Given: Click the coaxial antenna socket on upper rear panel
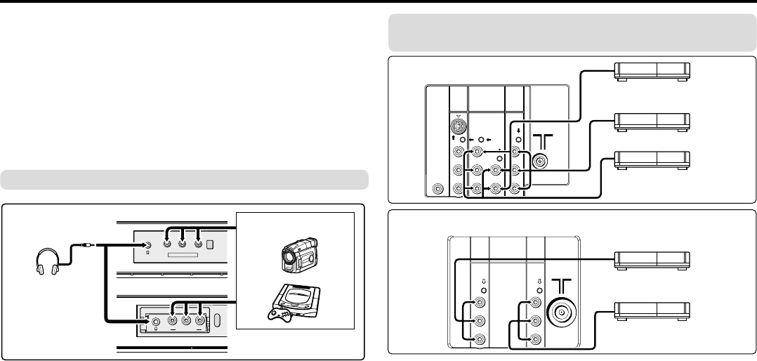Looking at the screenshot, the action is tap(540, 161).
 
